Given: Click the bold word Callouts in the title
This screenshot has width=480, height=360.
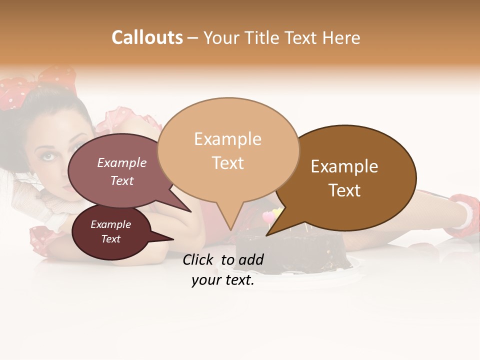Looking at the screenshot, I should (x=147, y=37).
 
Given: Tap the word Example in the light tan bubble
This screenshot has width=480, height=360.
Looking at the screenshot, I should (x=227, y=139).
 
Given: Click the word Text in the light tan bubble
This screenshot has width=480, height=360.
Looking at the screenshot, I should (x=228, y=163).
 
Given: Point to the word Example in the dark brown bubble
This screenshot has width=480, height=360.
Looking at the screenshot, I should (x=344, y=166).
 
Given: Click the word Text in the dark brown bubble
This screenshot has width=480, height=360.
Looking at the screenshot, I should (x=344, y=190).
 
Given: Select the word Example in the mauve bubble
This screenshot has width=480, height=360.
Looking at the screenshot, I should (x=122, y=163).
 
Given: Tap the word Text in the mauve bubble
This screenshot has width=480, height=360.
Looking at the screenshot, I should (x=122, y=181).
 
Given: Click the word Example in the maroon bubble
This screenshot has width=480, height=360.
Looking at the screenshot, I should (x=111, y=225).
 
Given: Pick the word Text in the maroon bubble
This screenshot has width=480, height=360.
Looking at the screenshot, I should (x=111, y=239).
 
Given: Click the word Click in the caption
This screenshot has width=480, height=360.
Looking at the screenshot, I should (x=199, y=259).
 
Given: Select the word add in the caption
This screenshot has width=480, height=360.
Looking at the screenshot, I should (x=250, y=259).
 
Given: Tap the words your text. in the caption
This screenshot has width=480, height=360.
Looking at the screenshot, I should (x=223, y=280).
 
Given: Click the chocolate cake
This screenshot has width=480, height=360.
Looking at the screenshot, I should (x=290, y=252).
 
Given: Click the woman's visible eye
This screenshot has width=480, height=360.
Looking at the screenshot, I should (x=48, y=156).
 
